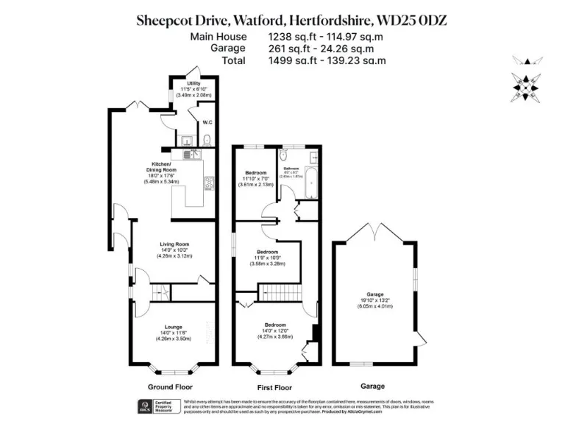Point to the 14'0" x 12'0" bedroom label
[275, 331]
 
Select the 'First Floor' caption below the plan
[274, 386]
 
